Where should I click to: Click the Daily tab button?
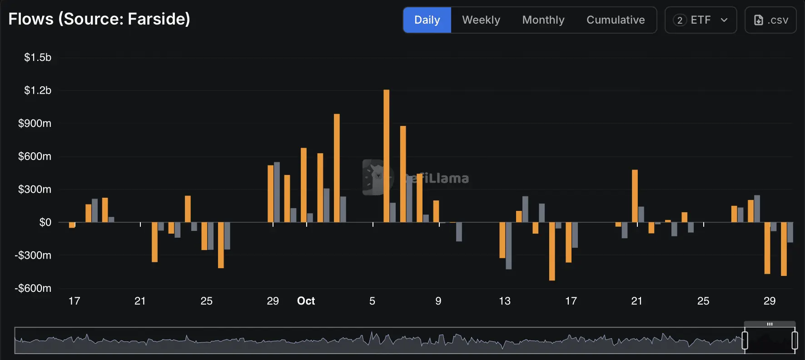(x=427, y=20)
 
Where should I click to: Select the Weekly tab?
(x=481, y=20)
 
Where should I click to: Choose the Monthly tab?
(x=543, y=20)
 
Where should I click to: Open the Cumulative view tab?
(x=616, y=20)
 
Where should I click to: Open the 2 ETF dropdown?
(x=701, y=20)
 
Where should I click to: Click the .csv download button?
(x=771, y=20)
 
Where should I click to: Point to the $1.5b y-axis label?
(x=38, y=57)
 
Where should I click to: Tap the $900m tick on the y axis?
(x=35, y=123)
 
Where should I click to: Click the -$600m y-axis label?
(x=33, y=288)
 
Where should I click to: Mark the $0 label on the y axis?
(x=45, y=222)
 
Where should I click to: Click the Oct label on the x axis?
(x=306, y=301)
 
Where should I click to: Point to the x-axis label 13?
(x=505, y=301)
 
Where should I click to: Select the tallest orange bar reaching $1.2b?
(x=387, y=156)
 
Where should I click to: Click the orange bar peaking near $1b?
(x=337, y=168)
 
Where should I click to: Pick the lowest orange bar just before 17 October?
(x=552, y=251)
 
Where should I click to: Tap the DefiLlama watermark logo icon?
(x=378, y=177)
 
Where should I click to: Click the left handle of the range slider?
(x=745, y=340)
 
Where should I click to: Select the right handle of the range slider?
(x=795, y=340)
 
